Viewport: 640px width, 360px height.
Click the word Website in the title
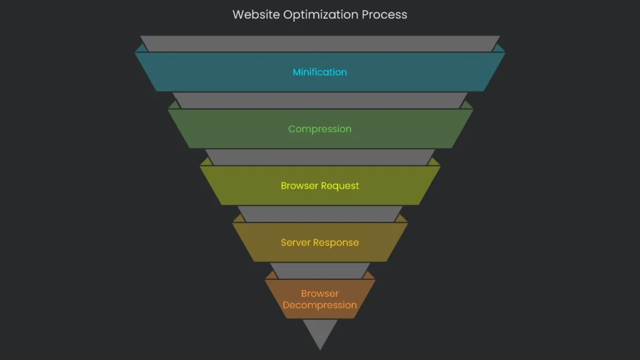(x=256, y=14)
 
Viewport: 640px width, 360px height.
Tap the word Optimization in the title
(x=319, y=14)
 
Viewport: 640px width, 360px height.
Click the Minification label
(x=319, y=72)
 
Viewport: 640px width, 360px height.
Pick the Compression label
(x=319, y=129)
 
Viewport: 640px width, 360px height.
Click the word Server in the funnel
(x=296, y=242)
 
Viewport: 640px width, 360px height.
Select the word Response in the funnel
(x=336, y=242)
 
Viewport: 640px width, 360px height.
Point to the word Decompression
(x=319, y=305)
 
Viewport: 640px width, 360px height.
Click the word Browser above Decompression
(x=319, y=293)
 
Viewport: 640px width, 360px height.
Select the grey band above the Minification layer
(x=319, y=44)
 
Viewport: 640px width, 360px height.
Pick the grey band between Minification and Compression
(x=319, y=100)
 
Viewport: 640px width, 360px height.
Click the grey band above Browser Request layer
(x=319, y=157)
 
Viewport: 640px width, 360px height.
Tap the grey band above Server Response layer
(x=319, y=214)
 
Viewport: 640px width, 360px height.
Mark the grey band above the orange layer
(x=319, y=271)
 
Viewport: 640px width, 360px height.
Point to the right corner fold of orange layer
(x=370, y=275)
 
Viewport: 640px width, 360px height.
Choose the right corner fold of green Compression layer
(x=468, y=105)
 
